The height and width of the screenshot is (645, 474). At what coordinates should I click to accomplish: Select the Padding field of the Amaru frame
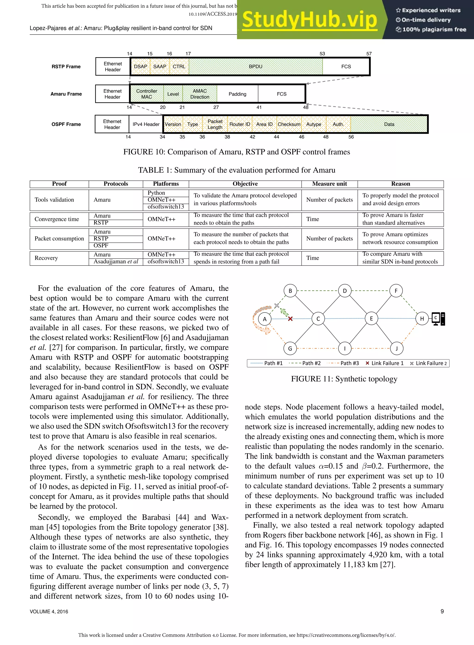(237, 94)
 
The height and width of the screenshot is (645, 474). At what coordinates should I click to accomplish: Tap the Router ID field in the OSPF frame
(240, 124)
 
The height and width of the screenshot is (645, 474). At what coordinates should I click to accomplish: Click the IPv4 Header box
(146, 124)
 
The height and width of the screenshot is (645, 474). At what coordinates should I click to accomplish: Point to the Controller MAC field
(147, 94)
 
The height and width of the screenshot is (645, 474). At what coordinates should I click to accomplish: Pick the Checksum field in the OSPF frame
(289, 124)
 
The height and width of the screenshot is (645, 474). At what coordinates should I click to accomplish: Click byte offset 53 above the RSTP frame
(322, 54)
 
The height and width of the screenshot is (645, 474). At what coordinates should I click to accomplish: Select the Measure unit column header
(329, 184)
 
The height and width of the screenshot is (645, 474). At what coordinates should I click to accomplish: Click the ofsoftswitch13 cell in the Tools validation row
(165, 207)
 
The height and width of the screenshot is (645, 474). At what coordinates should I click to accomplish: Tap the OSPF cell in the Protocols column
(101, 246)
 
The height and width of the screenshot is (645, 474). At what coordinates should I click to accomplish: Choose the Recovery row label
(46, 258)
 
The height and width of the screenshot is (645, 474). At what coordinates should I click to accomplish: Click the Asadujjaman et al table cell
(116, 262)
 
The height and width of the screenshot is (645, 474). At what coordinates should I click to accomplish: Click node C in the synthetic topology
(318, 319)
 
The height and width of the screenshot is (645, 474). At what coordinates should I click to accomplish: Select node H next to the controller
(422, 319)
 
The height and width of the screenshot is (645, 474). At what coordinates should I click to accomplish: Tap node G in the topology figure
(290, 349)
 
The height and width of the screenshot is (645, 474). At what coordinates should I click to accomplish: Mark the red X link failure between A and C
(290, 319)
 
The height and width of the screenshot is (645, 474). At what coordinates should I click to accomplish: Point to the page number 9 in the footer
(442, 611)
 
